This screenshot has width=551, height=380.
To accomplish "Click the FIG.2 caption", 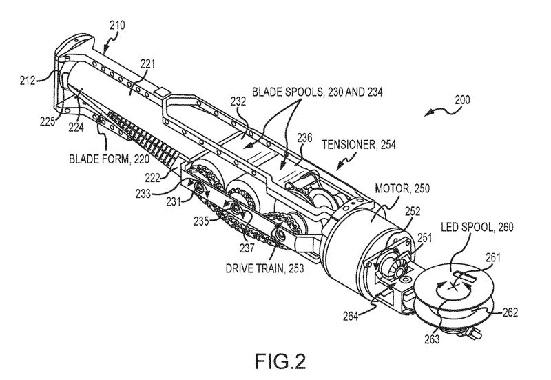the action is (280, 361).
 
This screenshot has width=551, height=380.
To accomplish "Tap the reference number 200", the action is (462, 100).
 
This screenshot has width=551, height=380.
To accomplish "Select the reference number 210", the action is (117, 26).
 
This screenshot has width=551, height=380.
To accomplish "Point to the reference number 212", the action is (28, 81).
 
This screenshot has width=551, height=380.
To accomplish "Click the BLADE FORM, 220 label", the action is (109, 159).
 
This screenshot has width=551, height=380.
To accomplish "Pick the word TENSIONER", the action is (349, 145).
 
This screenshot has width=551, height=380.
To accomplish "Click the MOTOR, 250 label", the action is (402, 188).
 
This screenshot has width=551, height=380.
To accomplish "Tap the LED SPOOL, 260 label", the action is (477, 227).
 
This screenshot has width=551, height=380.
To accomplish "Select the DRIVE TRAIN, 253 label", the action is (264, 269).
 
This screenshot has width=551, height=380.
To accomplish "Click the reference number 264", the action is (351, 317).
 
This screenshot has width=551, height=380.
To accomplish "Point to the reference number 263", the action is (432, 339).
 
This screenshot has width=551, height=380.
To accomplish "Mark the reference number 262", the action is (510, 312).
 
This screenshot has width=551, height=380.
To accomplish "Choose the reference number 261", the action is (492, 258).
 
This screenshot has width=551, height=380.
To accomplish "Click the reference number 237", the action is (247, 248).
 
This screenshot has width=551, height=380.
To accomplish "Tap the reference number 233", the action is (143, 194).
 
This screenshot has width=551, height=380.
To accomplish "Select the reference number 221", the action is (148, 64).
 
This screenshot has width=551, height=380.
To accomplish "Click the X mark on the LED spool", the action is (454, 288).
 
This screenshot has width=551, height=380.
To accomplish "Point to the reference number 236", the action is (304, 137).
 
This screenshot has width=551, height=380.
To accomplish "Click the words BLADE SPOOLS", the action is (287, 92).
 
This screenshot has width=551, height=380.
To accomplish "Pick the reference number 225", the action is (48, 121).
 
